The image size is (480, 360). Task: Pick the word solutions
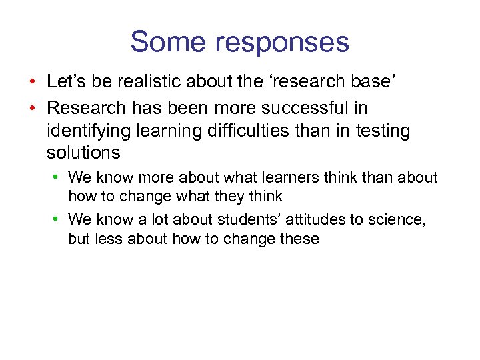pos(83,153)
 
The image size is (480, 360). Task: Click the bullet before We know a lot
pos(59,219)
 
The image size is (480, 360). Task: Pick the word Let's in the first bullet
pos(66,82)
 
